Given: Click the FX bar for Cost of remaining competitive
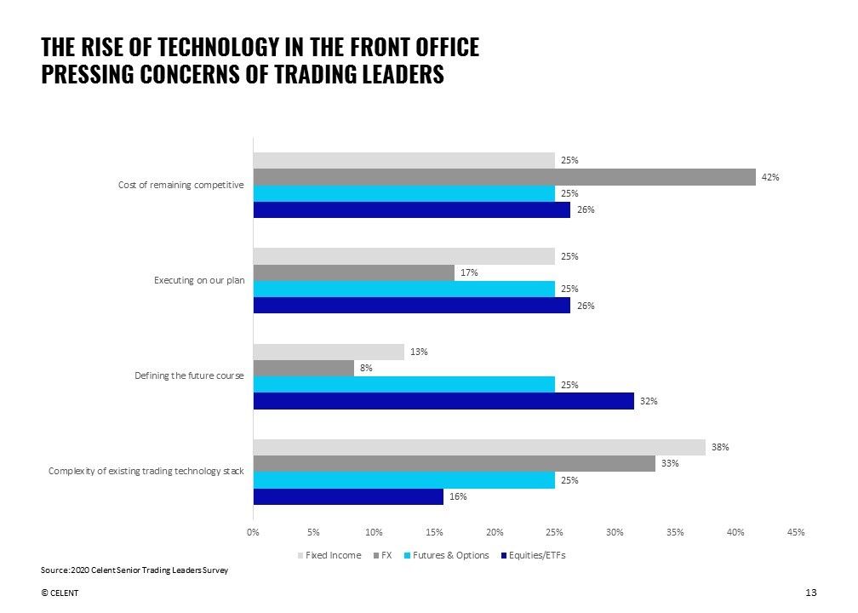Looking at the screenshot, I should [x=504, y=177].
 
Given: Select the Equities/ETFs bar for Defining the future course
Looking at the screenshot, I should [x=443, y=401].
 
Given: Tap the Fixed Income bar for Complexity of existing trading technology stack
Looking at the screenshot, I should [x=479, y=447].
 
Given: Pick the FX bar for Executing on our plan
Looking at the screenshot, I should [x=353, y=272].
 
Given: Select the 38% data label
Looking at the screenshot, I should [x=721, y=447].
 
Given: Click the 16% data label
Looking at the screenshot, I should [x=459, y=496].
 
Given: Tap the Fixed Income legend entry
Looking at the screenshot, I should [x=329, y=555].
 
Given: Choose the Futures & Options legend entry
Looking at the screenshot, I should [x=447, y=555].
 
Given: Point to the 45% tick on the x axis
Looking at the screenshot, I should [x=796, y=532].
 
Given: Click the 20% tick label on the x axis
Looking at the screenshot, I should [x=495, y=532].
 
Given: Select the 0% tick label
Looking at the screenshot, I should [x=253, y=532].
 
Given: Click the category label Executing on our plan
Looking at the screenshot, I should [x=199, y=280].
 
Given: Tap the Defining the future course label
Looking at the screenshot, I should [x=190, y=375].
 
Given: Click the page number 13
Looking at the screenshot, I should [x=809, y=593].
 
